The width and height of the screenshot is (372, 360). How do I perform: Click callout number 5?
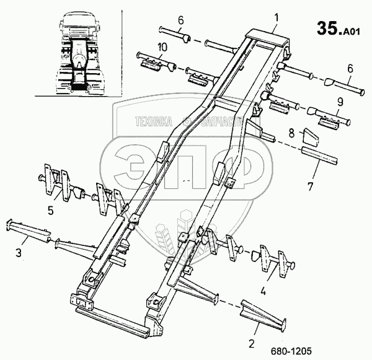pyautogui.click(x=50, y=209)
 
